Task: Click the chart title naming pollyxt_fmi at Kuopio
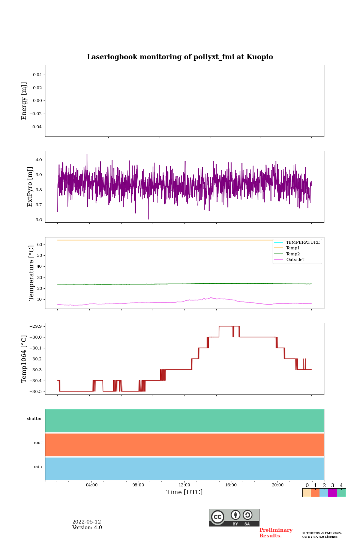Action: [180, 57]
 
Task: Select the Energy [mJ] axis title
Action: [24, 101]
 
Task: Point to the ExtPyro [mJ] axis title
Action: [30, 187]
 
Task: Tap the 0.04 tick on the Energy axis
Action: [37, 75]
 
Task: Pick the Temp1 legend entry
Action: [293, 248]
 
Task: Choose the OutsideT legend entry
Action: [295, 260]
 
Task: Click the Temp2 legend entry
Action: [293, 254]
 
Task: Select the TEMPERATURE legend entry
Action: [303, 243]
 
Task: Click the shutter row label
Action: [34, 419]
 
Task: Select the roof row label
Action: [38, 443]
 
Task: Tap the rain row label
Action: [38, 467]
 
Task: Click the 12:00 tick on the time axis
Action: [184, 485]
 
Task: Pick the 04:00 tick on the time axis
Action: [91, 485]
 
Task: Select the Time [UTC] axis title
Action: [184, 492]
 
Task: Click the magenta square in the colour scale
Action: [332, 493]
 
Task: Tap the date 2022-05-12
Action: [87, 522]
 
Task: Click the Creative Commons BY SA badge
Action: [234, 517]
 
